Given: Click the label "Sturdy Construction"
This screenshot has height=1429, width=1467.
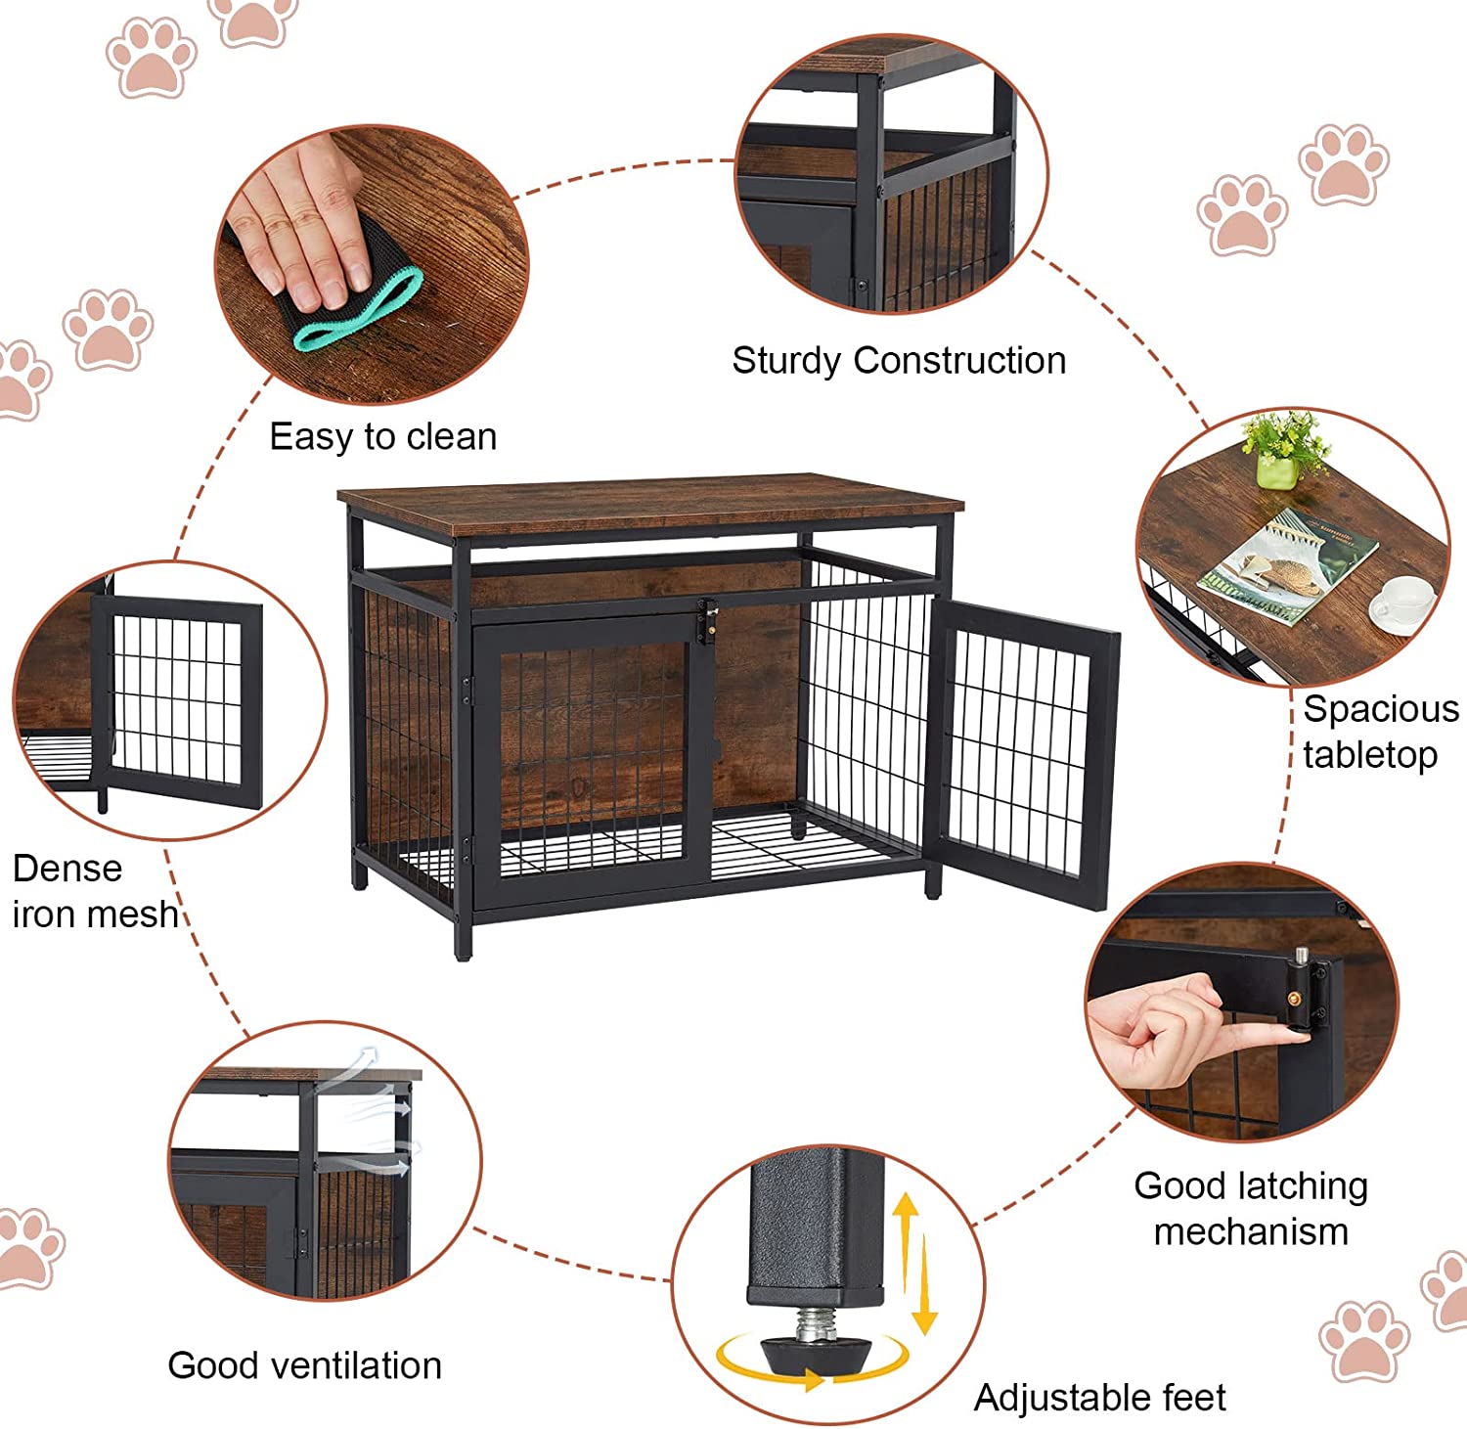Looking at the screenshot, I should pos(899,361).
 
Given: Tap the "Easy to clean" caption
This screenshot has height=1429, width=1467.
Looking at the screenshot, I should pos(382,436).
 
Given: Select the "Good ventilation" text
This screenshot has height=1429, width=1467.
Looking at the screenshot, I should pos(304,1365).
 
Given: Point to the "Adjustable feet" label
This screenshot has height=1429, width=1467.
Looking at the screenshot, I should pos(1099,1398).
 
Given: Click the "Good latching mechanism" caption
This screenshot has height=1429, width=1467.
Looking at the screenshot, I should pos(1251,1208).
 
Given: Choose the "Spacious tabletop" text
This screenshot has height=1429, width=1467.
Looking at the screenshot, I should pos(1379,732).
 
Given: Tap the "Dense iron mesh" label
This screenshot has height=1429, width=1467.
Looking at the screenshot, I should pos(95,891).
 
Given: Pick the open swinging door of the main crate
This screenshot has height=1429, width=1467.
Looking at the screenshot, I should pos(1022,753).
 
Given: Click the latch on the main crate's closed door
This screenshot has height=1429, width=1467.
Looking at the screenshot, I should pos(706,622).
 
